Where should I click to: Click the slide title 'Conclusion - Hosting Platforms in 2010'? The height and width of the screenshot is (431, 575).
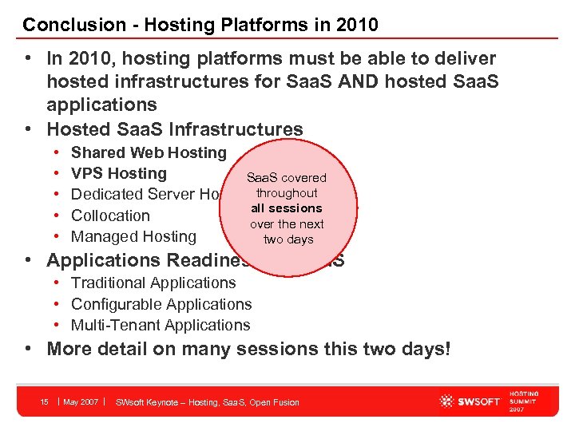[200, 25]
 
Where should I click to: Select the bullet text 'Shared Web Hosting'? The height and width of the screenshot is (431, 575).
[149, 152]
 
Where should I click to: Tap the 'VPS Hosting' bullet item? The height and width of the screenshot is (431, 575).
[119, 173]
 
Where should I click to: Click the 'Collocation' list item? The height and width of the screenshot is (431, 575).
[110, 215]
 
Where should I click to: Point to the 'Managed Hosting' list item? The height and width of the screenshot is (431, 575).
[133, 236]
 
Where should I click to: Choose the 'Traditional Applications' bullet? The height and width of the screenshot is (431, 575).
[153, 283]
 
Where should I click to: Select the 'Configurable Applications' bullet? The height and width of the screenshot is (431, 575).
[161, 304]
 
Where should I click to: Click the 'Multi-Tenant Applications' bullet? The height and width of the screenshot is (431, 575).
[161, 325]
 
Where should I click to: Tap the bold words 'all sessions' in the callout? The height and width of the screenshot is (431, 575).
[286, 208]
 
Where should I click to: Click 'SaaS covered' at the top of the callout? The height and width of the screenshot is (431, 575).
[286, 177]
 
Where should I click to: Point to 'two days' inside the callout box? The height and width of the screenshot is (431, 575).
[287, 239]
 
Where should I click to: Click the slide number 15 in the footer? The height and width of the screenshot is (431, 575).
[45, 401]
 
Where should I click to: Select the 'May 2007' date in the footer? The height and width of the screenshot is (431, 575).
[81, 401]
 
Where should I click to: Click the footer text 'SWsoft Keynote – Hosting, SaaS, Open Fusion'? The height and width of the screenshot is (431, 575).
[208, 402]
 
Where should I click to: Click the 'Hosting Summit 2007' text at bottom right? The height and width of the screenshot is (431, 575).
[524, 401]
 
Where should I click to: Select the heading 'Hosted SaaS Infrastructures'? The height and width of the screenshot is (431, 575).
[175, 129]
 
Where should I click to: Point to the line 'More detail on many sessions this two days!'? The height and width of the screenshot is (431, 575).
[248, 349]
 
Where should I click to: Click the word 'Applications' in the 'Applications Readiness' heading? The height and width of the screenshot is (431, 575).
[103, 260]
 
